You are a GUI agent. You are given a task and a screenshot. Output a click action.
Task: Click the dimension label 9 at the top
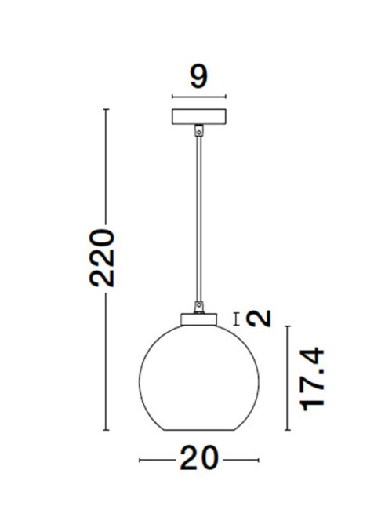(x=198, y=76)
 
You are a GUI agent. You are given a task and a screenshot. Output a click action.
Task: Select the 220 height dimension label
(x=102, y=258)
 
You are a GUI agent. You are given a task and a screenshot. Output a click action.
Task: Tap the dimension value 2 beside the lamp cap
(x=259, y=319)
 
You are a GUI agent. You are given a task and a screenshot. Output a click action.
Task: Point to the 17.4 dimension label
(x=312, y=379)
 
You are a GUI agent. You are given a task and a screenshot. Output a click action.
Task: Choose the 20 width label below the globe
(x=199, y=457)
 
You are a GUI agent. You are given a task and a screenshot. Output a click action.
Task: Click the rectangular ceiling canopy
(x=199, y=116)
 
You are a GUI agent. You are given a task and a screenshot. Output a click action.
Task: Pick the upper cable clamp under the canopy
(x=199, y=130)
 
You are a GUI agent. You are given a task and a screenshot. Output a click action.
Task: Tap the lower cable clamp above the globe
(x=199, y=307)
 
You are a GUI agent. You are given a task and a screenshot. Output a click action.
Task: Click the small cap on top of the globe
(x=199, y=319)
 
